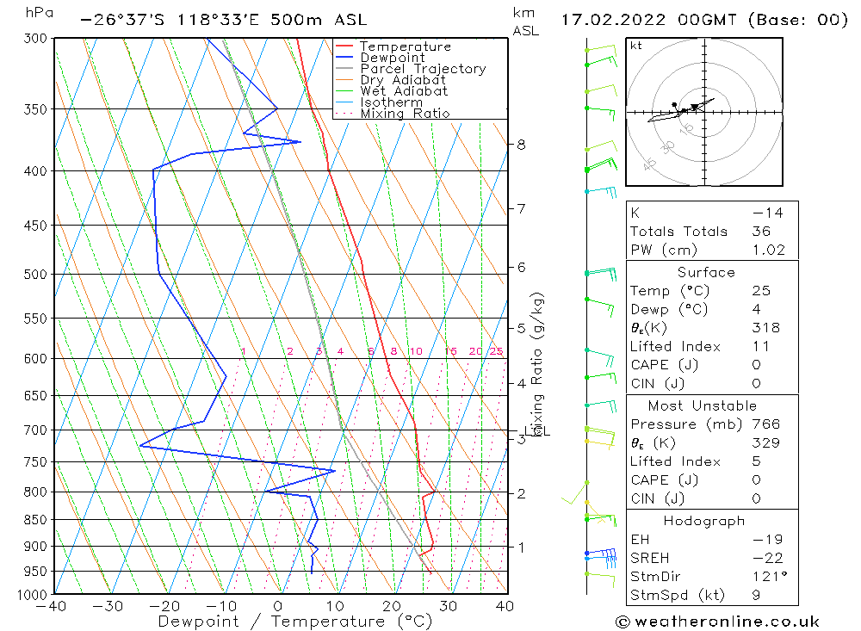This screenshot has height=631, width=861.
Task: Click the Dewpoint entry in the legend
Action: click(x=392, y=58)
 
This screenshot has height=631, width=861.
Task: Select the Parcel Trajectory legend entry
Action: click(x=423, y=69)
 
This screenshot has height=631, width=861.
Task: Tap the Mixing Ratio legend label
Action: click(x=405, y=113)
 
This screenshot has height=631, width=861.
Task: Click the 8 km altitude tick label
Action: click(x=521, y=145)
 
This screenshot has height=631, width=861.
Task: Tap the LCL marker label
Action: click(x=537, y=430)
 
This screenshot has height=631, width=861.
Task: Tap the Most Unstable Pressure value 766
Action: click(x=765, y=424)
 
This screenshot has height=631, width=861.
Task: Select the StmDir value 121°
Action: click(x=766, y=577)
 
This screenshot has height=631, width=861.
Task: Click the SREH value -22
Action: click(x=763, y=559)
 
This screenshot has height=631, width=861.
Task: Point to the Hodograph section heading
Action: click(x=704, y=521)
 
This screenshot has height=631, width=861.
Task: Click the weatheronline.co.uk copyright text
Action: click(x=717, y=622)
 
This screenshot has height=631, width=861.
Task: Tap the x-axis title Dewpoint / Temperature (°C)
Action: click(x=294, y=622)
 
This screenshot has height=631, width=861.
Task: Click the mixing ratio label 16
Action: click(x=450, y=351)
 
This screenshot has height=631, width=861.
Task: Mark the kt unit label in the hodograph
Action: click(x=635, y=46)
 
